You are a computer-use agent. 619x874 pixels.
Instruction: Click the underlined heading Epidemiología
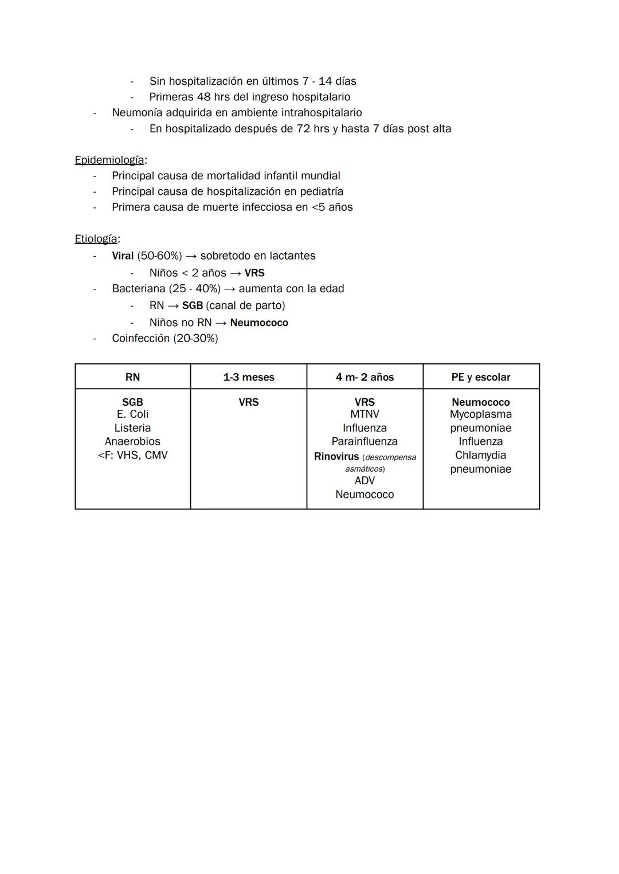(109, 160)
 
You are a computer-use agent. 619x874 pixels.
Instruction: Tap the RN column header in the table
(132, 377)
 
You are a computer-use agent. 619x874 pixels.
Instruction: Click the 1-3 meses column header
(249, 377)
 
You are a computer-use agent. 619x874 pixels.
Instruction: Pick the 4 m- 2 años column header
(365, 377)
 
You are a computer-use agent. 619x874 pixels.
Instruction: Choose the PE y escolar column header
(480, 377)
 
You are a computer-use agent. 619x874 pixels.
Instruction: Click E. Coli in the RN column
(132, 414)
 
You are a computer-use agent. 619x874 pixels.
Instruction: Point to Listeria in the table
(132, 428)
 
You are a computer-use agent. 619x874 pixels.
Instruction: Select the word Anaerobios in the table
(132, 441)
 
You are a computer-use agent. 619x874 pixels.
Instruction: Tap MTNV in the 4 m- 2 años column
(365, 414)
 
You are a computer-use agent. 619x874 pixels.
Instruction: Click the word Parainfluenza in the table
(365, 441)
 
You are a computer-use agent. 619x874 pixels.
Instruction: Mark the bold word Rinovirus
(336, 457)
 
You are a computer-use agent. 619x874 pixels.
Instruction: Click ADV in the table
(365, 480)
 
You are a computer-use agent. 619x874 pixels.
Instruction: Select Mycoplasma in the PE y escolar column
(480, 414)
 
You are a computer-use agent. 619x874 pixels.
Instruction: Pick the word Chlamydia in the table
(480, 455)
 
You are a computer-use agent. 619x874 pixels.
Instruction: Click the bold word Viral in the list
(123, 256)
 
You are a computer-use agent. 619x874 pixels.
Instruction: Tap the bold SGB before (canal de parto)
(193, 305)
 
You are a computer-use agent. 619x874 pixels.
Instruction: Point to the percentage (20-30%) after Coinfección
(197, 338)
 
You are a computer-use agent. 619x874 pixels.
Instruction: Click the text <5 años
(332, 207)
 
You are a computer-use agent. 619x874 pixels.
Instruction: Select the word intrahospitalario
(321, 112)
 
